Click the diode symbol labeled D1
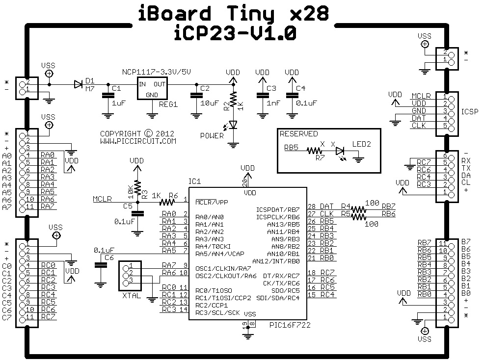(x=78, y=84)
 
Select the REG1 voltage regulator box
(x=152, y=90)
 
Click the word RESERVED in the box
(x=298, y=133)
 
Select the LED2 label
(x=362, y=144)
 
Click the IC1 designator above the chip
(x=194, y=181)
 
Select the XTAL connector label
(x=132, y=297)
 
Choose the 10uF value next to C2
(x=210, y=103)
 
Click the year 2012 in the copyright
(x=165, y=133)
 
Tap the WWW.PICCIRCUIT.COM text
(x=138, y=141)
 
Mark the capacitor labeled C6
(x=101, y=264)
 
